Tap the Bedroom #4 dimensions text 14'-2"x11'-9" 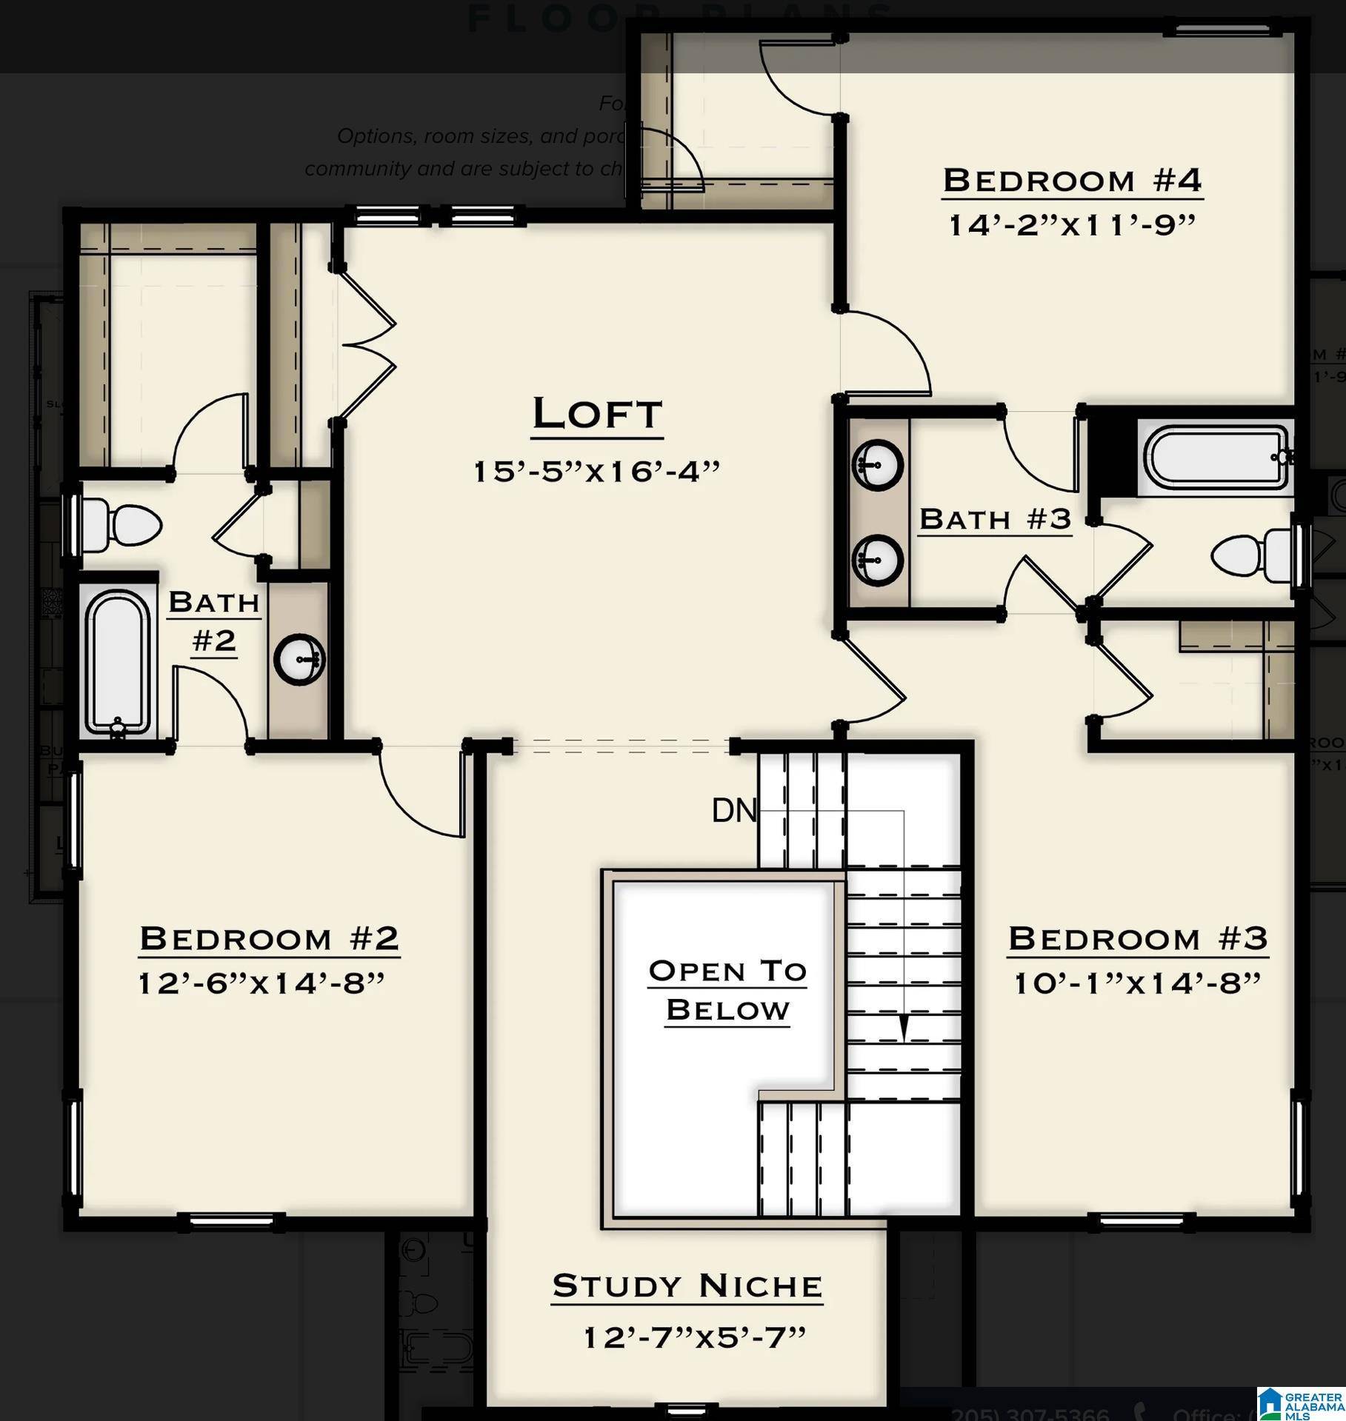click(x=1072, y=225)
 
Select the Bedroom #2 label click(x=269, y=938)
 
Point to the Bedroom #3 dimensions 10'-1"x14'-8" click(x=1136, y=983)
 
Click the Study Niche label click(x=687, y=1286)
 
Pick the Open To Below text click(x=727, y=989)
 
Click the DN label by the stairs click(x=733, y=811)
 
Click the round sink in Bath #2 click(x=299, y=659)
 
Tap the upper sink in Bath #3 click(x=878, y=465)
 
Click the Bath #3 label click(x=995, y=519)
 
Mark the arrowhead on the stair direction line click(x=903, y=1028)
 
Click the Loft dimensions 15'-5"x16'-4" click(x=596, y=471)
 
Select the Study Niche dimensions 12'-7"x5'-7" click(x=694, y=1337)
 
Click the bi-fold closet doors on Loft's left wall click(x=367, y=344)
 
